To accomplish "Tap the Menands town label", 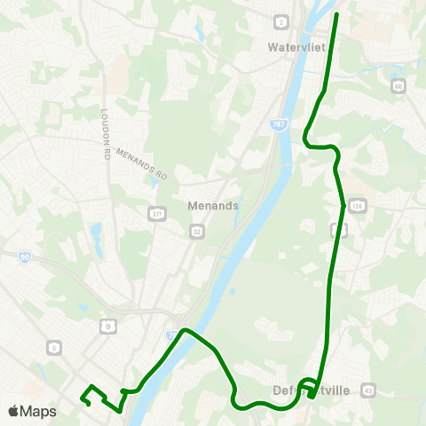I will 213,205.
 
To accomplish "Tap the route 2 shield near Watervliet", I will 281,21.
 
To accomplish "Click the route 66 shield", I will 398,86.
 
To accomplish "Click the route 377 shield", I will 157,214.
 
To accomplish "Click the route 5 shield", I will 55,347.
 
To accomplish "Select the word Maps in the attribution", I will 39,411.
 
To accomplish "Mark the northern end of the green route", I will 338,14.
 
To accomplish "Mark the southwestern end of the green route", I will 82,400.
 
